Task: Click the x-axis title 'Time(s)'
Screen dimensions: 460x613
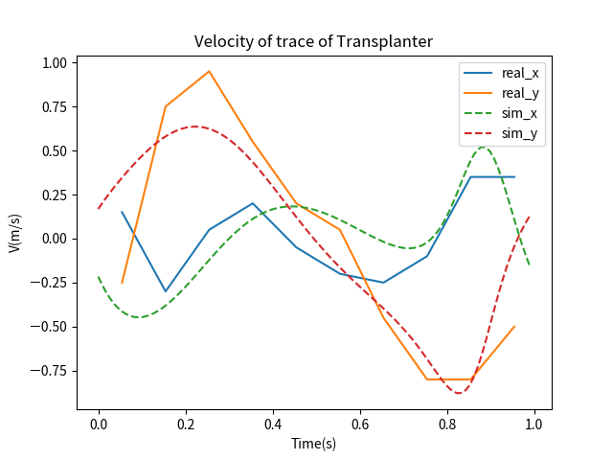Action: tap(314, 444)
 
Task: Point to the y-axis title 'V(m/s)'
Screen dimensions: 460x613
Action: tap(14, 233)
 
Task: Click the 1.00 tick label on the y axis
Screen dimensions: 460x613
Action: tap(54, 62)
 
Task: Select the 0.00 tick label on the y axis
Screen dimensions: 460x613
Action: tap(54, 239)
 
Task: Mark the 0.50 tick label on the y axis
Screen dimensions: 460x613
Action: tap(54, 150)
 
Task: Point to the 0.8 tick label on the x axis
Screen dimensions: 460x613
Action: tap(447, 424)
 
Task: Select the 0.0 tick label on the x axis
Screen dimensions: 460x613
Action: tap(99, 424)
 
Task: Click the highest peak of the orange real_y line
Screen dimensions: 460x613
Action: tap(209, 71)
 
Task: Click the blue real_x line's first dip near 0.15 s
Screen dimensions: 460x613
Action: tap(166, 291)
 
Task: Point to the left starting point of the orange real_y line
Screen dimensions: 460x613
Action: tap(122, 283)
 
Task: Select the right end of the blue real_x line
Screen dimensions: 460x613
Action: tap(514, 177)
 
